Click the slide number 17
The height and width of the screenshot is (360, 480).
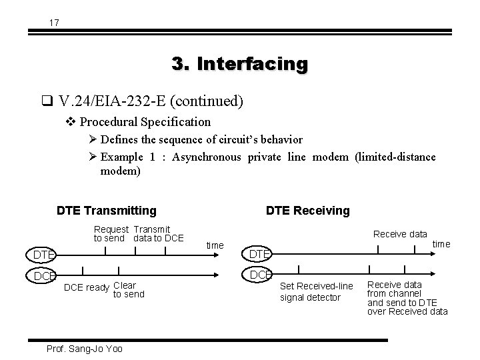point(54,23)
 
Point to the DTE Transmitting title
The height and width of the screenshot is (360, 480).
point(107,211)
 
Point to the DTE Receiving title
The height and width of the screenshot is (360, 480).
point(307,211)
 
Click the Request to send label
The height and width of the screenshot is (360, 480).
point(111,234)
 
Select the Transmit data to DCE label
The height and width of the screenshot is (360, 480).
point(158,234)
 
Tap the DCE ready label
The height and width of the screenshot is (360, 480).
point(85,288)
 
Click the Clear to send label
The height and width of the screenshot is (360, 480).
point(128,290)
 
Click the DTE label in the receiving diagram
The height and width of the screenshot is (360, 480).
point(259,254)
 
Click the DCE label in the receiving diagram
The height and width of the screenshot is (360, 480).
point(259,275)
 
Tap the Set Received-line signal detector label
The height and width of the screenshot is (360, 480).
point(317,291)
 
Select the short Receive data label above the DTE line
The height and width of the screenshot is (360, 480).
point(400,234)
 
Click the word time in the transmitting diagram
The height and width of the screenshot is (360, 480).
point(215,245)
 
